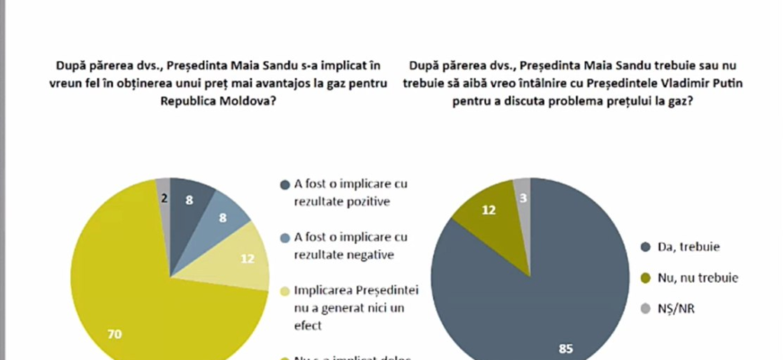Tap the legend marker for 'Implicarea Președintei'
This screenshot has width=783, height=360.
[283, 292]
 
